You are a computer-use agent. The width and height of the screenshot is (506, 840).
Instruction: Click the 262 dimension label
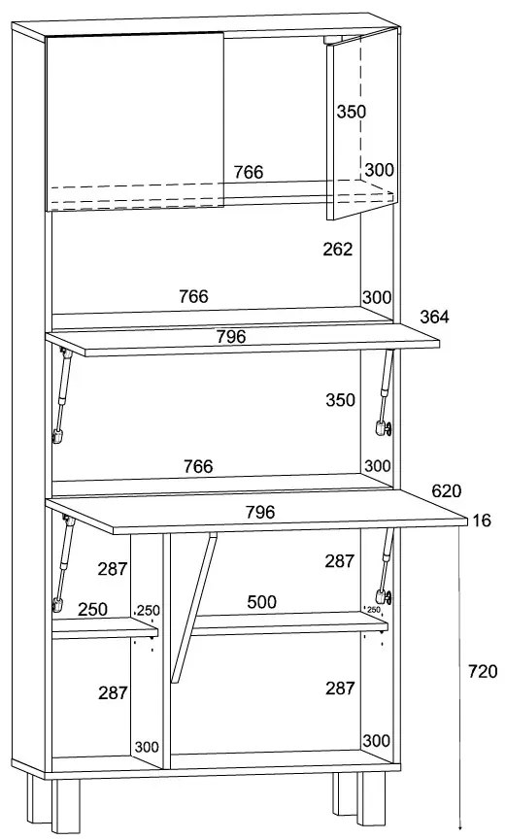(338, 250)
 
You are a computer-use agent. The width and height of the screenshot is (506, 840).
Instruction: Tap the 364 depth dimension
(434, 317)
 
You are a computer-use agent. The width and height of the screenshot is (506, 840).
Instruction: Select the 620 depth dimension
(447, 490)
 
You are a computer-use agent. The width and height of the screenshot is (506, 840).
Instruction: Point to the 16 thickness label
(482, 521)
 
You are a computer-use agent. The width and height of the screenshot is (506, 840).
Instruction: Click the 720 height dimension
(483, 671)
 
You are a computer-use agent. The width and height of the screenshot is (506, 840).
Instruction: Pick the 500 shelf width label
(261, 602)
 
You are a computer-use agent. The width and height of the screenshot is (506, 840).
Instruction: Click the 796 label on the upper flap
(231, 336)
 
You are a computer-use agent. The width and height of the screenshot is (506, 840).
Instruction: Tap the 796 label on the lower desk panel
(260, 512)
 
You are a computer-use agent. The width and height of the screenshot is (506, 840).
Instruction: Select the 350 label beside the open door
(351, 112)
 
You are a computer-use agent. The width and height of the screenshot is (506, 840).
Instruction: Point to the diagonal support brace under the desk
(193, 608)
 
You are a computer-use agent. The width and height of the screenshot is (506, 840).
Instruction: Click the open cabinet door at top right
(362, 124)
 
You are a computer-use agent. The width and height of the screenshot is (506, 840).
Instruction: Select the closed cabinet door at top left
(135, 121)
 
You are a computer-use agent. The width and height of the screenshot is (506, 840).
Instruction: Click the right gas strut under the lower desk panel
(386, 567)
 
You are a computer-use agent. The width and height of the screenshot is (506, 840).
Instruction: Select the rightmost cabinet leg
(371, 798)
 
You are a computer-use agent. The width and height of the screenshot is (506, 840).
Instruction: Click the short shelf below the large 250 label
(105, 628)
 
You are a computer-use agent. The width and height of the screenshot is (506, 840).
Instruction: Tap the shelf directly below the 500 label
(289, 624)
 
